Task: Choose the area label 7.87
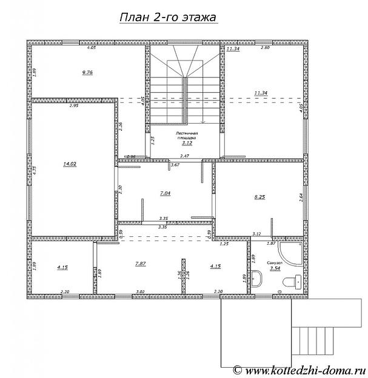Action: [x=141, y=264]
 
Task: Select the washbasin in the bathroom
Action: [x=257, y=279]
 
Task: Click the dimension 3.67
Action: [x=176, y=165]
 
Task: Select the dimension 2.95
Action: [x=74, y=106]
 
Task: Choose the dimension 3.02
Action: [x=141, y=292]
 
